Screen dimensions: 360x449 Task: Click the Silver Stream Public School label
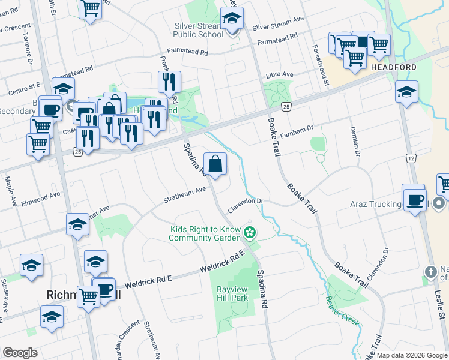click(198, 30)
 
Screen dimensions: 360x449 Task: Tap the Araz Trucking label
click(376, 205)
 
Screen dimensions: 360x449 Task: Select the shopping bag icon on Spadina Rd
click(215, 164)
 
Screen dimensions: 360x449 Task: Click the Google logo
click(19, 353)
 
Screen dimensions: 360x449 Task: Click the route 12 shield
click(411, 158)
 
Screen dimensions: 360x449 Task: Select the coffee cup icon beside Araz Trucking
click(414, 199)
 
